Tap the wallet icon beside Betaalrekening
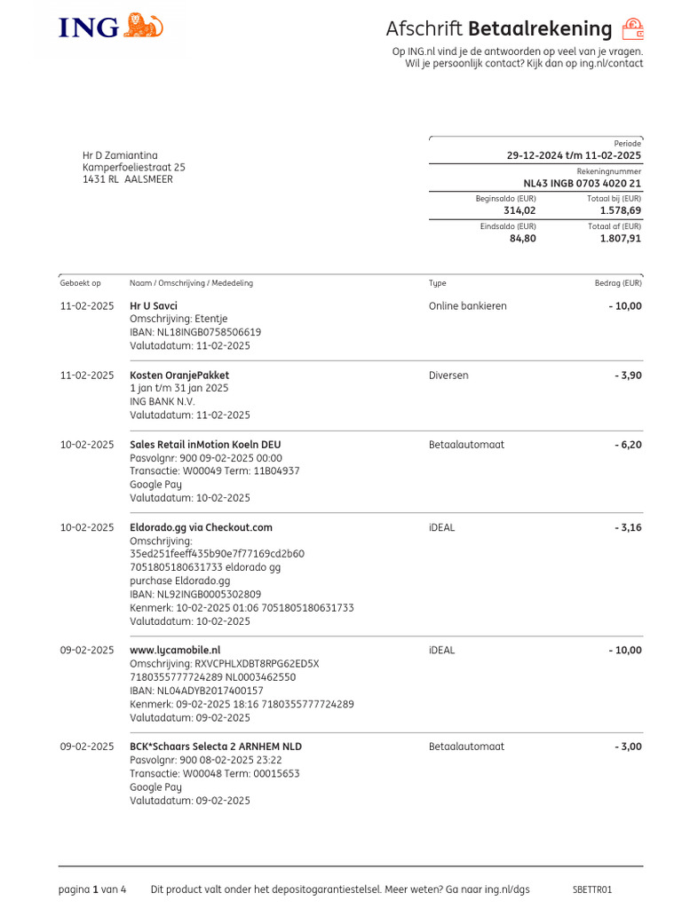(632, 29)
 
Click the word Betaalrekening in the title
(540, 29)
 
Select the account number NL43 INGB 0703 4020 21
(582, 184)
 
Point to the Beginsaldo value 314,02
(519, 210)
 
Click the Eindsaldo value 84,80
(522, 238)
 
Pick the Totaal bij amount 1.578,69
(620, 210)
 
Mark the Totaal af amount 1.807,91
(620, 238)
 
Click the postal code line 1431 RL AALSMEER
(128, 179)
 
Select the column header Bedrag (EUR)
(617, 283)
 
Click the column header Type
(437, 283)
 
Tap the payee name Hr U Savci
(154, 306)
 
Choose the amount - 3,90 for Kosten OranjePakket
(628, 375)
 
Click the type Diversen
(448, 375)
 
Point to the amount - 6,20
(628, 445)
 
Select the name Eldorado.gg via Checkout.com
(201, 527)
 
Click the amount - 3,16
(628, 527)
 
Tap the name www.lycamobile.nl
(175, 650)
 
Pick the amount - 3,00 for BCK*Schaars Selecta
(628, 747)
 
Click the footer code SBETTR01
(592, 889)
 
